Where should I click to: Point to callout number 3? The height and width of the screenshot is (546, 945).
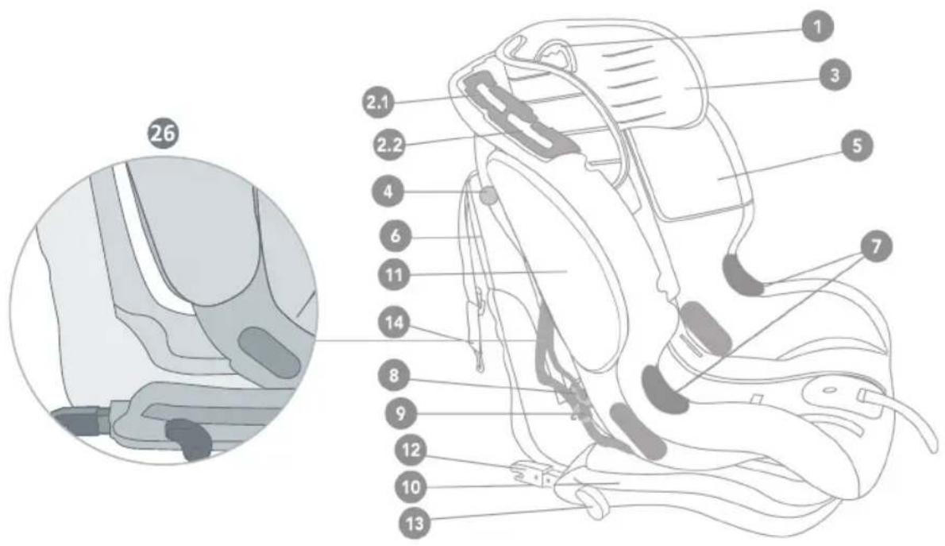[831, 76]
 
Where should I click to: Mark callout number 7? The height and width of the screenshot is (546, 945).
[875, 247]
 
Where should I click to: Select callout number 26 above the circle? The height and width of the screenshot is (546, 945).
[164, 135]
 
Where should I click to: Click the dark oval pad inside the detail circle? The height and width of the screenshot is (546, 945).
[269, 351]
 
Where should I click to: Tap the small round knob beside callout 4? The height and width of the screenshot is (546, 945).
[488, 193]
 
